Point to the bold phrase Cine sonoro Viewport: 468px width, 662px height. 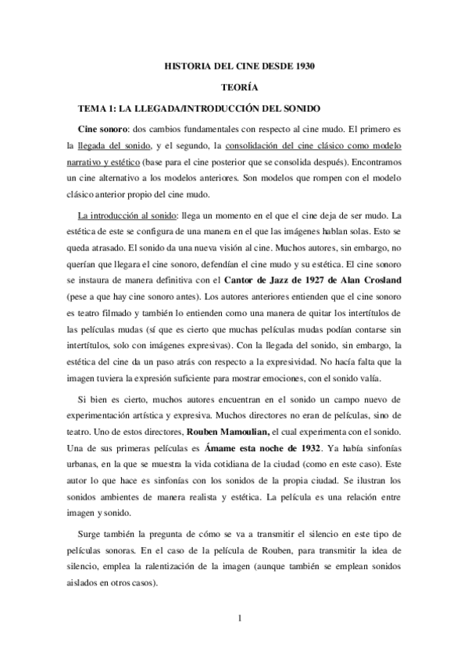(104, 128)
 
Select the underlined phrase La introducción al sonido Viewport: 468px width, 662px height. (122, 215)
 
